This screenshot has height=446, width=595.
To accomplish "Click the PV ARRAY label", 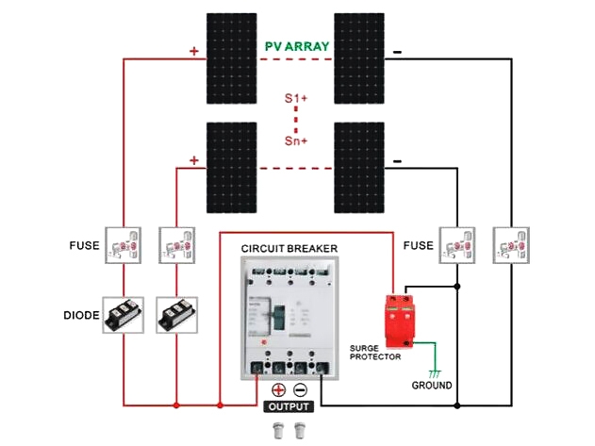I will coord(297,45).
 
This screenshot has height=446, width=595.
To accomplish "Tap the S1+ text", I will coord(297,99).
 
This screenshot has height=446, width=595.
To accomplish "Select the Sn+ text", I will coord(297,140).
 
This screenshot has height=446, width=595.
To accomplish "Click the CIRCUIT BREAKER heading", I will coord(289,248).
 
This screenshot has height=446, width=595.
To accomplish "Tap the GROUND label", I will coord(431,386).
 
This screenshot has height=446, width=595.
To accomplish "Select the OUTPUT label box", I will coord(289,407).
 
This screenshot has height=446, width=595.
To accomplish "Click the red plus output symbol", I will coord(278,390).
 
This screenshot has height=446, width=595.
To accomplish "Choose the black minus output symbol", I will coord(301,390).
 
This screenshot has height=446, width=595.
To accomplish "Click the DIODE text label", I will coord(81,315).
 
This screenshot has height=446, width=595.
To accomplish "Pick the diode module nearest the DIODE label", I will coord(123,314).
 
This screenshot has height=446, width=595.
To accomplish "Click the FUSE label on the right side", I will coord(418,246).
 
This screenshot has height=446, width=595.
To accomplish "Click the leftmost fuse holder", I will coord(123,246).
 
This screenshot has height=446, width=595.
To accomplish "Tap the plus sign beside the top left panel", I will coord(194,51).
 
